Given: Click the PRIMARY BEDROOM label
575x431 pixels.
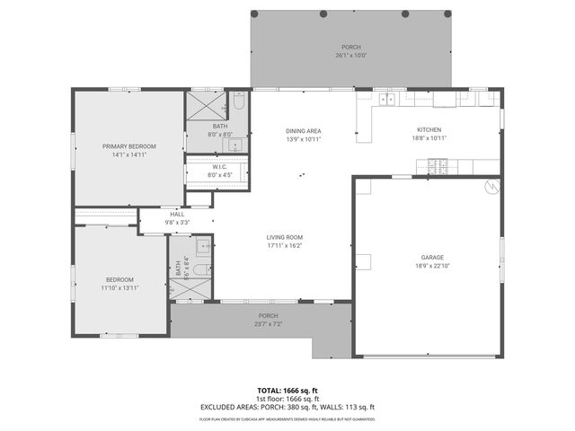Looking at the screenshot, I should pos(129,146).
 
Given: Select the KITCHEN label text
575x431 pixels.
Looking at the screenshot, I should pos(429,130).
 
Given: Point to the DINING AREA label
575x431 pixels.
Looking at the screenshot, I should pos(304,131).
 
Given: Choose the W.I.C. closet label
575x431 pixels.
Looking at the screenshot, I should pos(220,166).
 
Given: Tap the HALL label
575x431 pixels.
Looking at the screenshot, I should pos(177,214).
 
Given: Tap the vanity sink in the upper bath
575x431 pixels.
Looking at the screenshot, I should pos(237,145).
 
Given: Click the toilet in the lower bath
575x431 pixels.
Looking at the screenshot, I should pos(205,244).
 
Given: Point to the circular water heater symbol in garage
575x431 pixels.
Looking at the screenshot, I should pos(491,187).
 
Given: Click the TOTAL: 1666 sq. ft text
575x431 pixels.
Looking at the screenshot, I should pos(287,391).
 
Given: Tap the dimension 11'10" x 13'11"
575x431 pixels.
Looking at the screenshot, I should pos(119,287).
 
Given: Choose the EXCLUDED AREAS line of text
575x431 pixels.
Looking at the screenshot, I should pos(287,407).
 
